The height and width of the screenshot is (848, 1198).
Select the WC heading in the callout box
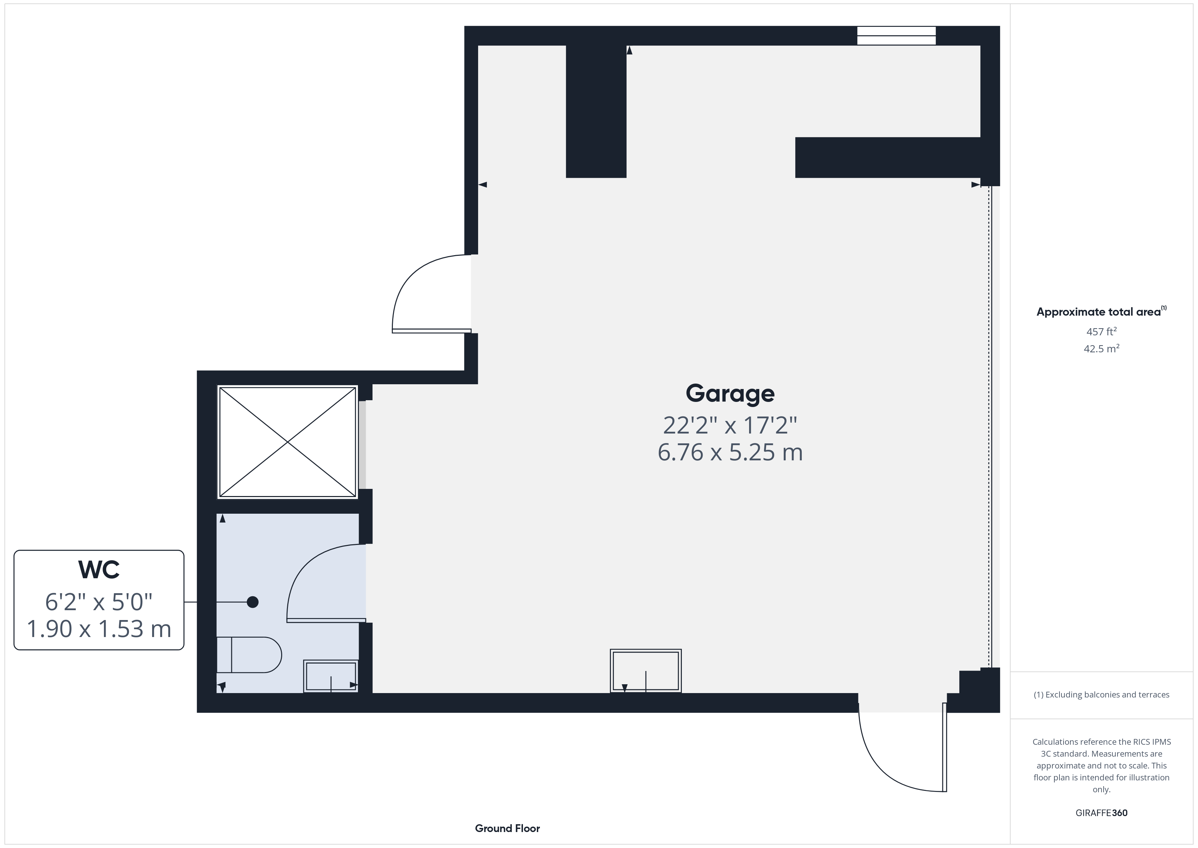point(98,570)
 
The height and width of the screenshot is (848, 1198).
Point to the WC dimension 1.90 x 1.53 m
point(98,629)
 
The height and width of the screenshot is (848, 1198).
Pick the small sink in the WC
point(331,676)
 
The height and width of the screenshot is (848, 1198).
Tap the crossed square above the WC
point(288,442)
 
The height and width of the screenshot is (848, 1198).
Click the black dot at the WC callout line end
point(253,602)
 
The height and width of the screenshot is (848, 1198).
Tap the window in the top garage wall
point(896,36)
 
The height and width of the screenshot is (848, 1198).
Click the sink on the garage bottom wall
point(646,671)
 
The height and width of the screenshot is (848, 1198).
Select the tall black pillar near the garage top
point(596,111)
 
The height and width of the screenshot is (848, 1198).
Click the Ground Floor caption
point(507,828)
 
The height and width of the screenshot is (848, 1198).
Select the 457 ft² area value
point(1101,332)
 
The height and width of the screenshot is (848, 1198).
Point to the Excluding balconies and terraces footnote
point(1101,694)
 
